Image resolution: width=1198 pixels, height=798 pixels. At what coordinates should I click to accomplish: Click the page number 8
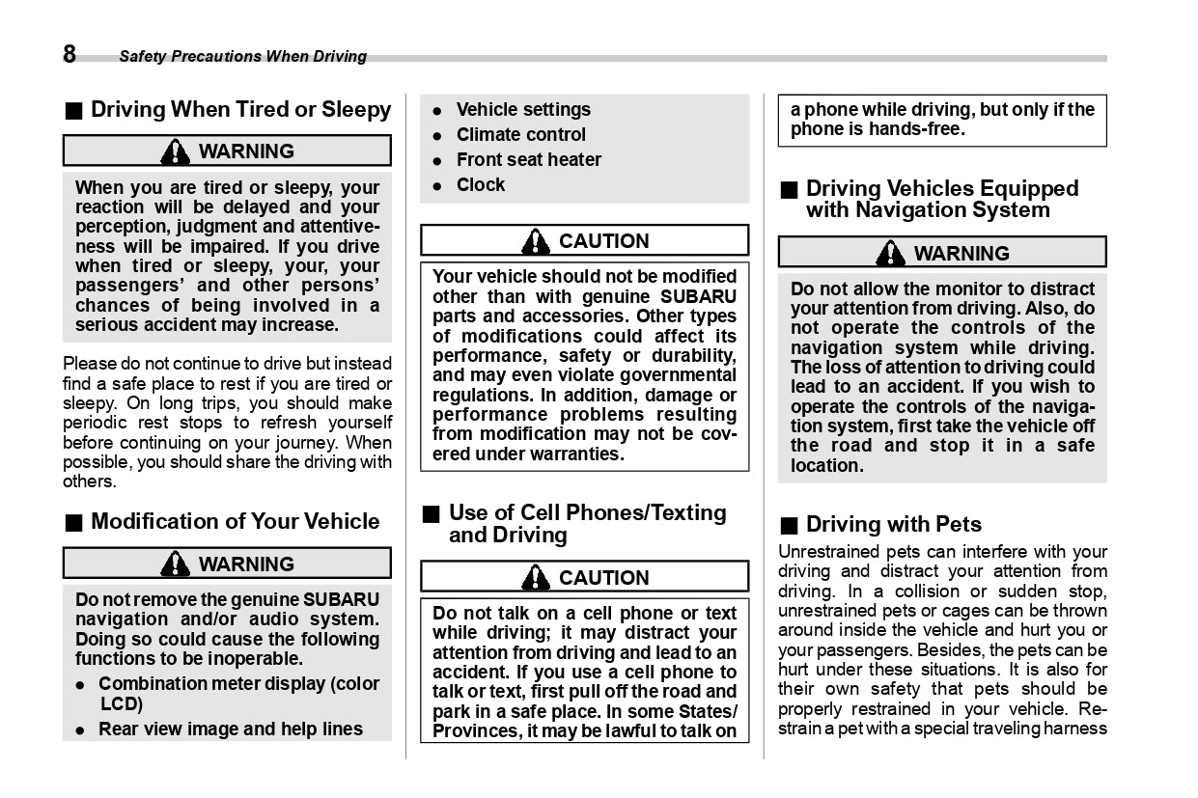[70, 54]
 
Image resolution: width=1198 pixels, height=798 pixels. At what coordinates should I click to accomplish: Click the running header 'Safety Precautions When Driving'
[242, 57]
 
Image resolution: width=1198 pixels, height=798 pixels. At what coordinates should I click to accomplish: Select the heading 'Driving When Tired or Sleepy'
[240, 110]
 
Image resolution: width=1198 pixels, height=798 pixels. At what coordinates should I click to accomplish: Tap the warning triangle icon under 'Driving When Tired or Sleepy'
[176, 151]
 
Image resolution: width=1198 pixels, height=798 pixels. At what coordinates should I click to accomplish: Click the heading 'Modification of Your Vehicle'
[235, 522]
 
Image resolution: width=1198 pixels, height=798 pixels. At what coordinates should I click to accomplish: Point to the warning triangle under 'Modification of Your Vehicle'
[176, 564]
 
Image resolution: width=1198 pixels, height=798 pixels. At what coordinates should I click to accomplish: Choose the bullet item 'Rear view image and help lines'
[231, 729]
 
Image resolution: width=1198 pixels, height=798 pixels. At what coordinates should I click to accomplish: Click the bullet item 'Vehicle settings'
[523, 110]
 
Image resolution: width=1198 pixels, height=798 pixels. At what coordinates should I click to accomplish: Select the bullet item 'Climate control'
[520, 135]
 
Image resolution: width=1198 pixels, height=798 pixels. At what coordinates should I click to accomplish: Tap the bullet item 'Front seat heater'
[528, 160]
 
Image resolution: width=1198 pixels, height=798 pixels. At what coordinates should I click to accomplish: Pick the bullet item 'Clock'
[480, 185]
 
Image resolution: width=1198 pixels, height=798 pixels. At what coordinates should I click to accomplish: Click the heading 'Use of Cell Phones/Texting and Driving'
[587, 524]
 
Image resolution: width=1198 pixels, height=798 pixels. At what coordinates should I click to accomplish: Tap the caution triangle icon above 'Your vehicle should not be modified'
[535, 241]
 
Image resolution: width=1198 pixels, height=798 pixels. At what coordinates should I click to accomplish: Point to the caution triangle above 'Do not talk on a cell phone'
[535, 578]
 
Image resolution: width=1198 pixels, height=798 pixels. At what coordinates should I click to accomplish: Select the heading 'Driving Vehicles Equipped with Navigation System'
[941, 200]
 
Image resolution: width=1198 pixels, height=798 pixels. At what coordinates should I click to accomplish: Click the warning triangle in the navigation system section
[890, 254]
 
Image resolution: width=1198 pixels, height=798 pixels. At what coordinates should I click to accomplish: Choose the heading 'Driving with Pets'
[893, 525]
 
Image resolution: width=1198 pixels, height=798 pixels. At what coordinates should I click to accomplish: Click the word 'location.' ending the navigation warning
[826, 466]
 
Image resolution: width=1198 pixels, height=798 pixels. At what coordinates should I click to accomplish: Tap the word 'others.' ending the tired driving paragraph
[89, 482]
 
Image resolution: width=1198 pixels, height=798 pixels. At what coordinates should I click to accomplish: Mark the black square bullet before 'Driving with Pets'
[789, 526]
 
